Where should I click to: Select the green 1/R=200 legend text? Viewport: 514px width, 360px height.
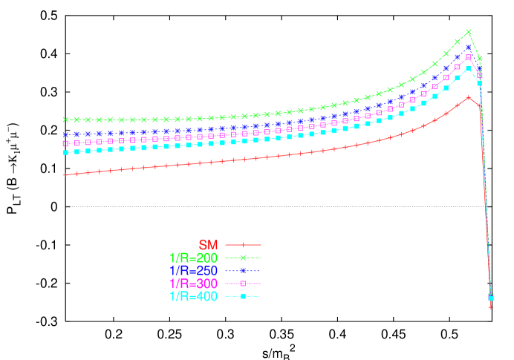(193, 258)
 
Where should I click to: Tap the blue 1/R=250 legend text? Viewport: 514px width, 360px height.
(193, 270)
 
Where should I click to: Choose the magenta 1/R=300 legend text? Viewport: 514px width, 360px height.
(193, 284)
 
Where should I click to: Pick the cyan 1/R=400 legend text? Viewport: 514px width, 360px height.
(193, 297)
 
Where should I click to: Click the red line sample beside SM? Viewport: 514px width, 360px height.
(243, 244)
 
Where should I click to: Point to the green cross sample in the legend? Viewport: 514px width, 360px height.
(243, 258)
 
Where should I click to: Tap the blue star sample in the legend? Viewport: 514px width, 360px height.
(243, 270)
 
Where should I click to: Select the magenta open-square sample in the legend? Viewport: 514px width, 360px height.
(243, 284)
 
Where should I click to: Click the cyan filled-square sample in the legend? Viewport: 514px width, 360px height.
(243, 297)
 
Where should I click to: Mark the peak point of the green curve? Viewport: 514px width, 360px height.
(469, 32)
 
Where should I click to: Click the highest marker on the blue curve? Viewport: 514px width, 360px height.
(469, 48)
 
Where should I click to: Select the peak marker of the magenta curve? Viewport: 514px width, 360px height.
(469, 57)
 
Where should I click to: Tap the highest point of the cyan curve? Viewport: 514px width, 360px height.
(469, 68)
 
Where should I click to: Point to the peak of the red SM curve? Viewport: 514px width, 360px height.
(469, 97)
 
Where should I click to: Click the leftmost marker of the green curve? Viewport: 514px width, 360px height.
(65, 119)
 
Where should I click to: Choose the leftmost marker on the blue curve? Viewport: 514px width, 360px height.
(65, 135)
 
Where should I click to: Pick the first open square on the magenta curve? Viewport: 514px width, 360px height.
(65, 143)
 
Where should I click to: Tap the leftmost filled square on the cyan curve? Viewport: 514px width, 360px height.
(65, 153)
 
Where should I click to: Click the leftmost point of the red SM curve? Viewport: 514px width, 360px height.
(65, 174)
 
